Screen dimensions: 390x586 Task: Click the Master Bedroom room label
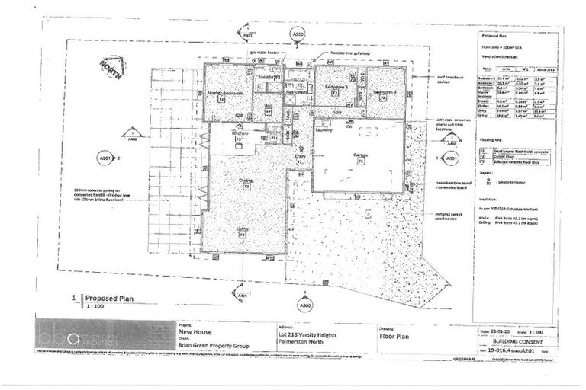[x=225, y=92]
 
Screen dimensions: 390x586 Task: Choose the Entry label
[x=299, y=156]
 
